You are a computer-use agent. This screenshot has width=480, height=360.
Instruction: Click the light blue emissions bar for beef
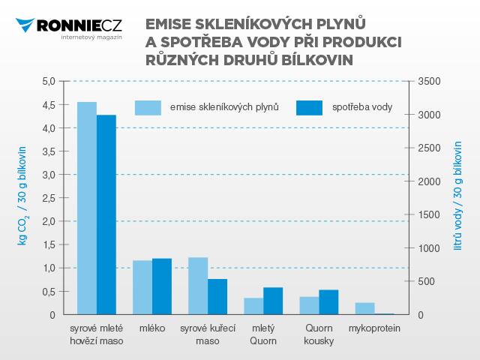click(87, 208)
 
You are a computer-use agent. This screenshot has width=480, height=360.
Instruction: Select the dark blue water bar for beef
click(106, 214)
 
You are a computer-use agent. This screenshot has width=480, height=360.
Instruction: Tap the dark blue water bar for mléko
click(162, 286)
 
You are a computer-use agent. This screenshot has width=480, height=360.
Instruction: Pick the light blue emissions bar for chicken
click(198, 286)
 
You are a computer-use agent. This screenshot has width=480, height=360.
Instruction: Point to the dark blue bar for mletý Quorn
click(273, 301)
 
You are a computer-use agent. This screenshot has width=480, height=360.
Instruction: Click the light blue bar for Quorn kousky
click(309, 305)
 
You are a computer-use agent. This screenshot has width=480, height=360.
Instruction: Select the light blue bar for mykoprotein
click(365, 308)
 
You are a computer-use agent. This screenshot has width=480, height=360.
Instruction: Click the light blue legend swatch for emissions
click(148, 108)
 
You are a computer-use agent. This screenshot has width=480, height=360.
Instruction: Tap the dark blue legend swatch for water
click(309, 108)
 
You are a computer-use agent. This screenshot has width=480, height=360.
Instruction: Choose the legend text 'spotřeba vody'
click(362, 107)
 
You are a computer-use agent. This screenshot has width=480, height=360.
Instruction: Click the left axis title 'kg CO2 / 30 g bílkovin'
click(22, 196)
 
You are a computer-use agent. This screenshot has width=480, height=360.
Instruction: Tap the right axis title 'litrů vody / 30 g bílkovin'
click(457, 196)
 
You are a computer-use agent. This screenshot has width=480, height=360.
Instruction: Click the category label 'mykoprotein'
click(374, 328)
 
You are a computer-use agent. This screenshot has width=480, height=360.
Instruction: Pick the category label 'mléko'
click(152, 328)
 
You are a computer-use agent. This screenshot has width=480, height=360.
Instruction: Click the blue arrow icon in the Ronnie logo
click(25, 25)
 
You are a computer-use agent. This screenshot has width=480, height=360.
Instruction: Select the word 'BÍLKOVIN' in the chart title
click(317, 60)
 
